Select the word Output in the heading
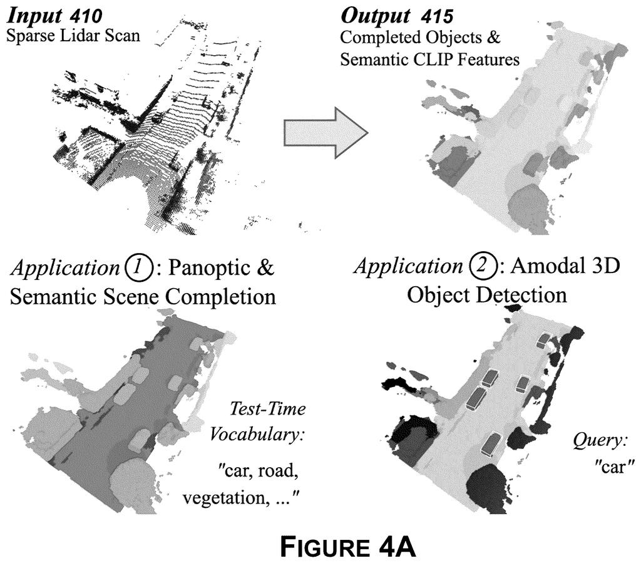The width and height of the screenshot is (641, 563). click(374, 16)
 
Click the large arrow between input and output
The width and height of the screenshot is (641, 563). click(326, 133)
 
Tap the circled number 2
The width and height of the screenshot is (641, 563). click(481, 266)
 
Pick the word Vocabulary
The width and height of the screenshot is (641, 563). click(257, 435)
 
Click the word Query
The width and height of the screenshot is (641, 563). click(600, 441)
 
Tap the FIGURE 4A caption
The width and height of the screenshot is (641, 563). click(348, 547)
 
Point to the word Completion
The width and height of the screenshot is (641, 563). click(221, 297)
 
